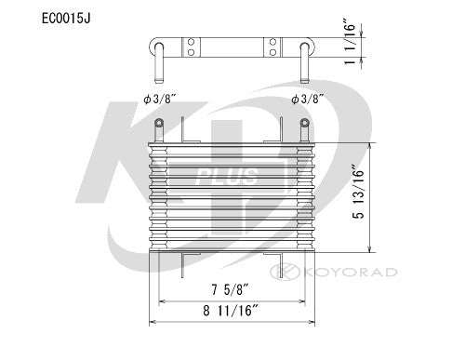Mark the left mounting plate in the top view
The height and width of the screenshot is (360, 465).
coord(192,47)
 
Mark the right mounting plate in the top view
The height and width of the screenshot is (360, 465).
coord(274,47)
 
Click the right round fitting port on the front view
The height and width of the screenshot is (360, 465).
coord(304,124)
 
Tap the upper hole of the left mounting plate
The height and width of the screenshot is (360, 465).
coord(192,42)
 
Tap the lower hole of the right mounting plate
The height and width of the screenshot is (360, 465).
coord(274,52)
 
